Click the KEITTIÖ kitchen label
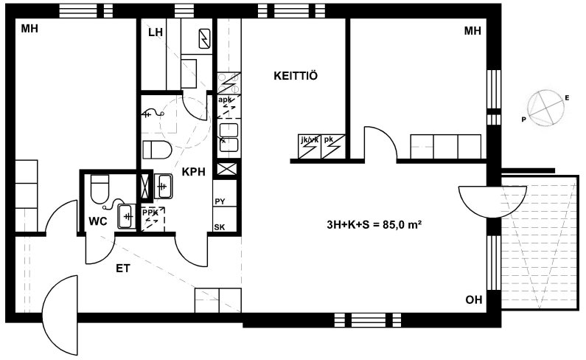(296, 75)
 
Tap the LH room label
(156, 32)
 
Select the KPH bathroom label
(194, 172)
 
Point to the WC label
(98, 221)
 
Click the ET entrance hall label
(123, 269)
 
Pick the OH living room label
(473, 300)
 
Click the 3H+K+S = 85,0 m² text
(374, 224)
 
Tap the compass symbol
(546, 108)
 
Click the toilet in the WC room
(100, 189)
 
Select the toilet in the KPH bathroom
(157, 150)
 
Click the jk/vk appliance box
(310, 146)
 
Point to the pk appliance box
(333, 146)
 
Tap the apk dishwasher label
(225, 100)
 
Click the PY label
(220, 201)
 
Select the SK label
(220, 227)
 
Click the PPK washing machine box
(153, 219)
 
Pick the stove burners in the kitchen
(229, 83)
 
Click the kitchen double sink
(229, 137)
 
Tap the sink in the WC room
(127, 216)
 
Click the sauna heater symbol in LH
(205, 38)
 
